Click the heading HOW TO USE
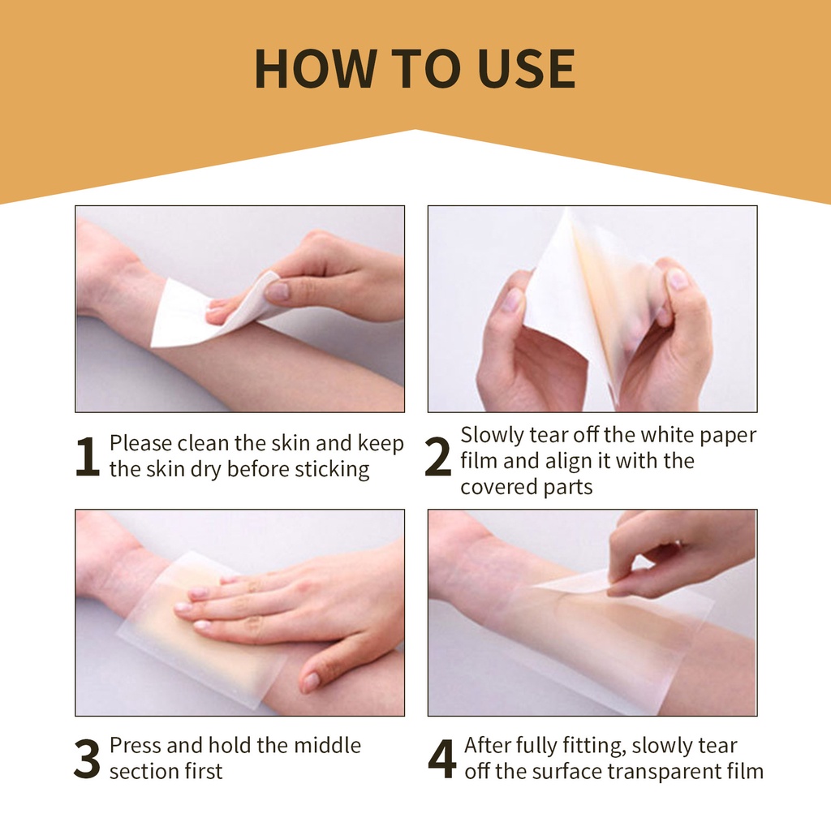(415, 69)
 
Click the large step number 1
(87, 458)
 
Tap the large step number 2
(438, 459)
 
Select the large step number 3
(87, 759)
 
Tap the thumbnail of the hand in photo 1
(277, 291)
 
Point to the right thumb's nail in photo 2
(677, 280)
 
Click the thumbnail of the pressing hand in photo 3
(310, 682)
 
